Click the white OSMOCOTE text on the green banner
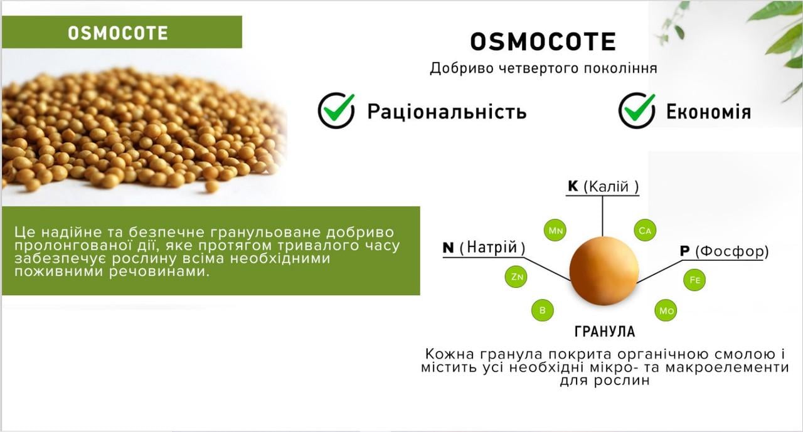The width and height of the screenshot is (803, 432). click(118, 33)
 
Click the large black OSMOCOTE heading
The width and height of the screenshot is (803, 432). click(543, 42)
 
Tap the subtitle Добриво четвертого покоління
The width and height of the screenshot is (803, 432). click(543, 68)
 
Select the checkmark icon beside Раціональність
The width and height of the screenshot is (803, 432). click(336, 110)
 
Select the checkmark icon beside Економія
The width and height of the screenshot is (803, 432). click(637, 110)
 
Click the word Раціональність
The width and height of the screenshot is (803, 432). click(447, 112)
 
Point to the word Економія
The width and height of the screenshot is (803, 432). click(708, 112)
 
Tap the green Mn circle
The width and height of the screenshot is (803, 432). click(556, 231)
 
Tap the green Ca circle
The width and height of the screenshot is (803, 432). click(645, 231)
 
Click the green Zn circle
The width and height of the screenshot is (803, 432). click(516, 277)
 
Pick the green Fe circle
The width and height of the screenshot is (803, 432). click(694, 280)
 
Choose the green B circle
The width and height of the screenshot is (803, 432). click(542, 310)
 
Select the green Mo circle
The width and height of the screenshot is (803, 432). click(666, 310)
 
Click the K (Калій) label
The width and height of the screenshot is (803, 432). click(603, 187)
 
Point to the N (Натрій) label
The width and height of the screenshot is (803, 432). click(484, 248)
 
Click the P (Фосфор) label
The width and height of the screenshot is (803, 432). click(724, 251)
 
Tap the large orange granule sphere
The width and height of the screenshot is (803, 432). click(604, 271)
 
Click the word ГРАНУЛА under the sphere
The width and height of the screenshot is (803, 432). click(604, 332)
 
